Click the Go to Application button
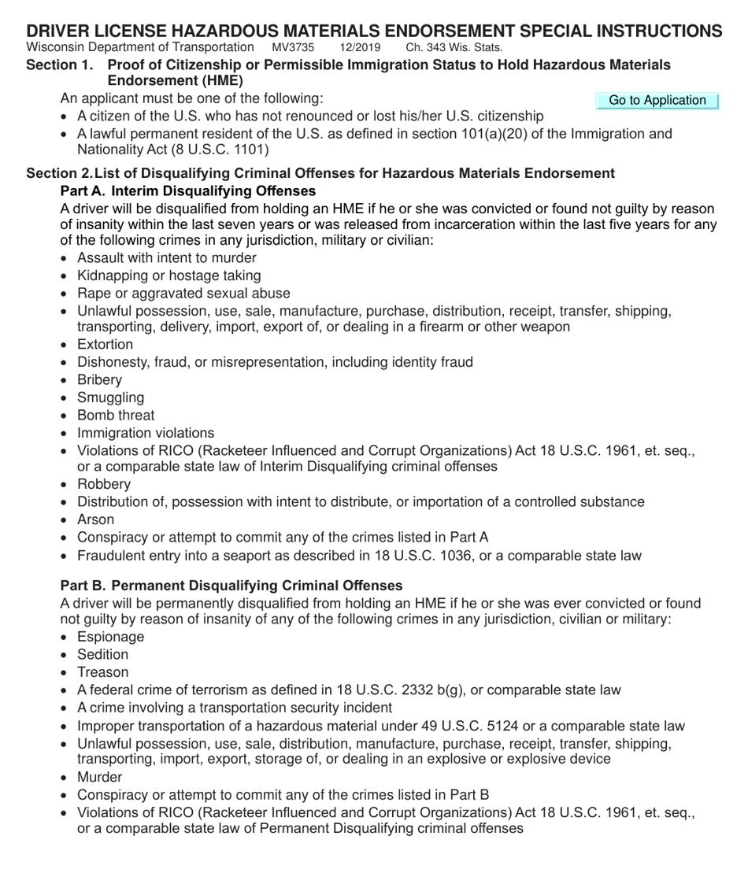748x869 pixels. click(x=657, y=100)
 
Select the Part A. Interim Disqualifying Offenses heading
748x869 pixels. click(x=188, y=191)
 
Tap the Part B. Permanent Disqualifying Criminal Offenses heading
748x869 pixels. click(x=231, y=586)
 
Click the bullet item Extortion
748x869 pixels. click(x=105, y=345)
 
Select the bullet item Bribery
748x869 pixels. click(x=99, y=380)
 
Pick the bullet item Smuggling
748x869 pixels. click(x=110, y=398)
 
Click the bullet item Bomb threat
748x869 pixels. click(x=116, y=415)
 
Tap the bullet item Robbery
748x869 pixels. click(x=104, y=484)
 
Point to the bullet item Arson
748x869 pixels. click(x=95, y=520)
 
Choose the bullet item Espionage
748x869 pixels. click(x=110, y=637)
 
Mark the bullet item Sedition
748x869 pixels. click(x=102, y=654)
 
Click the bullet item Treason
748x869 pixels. click(x=102, y=672)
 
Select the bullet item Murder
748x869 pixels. click(x=99, y=777)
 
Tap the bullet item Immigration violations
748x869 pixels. click(x=145, y=433)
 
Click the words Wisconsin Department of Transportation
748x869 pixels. click(x=140, y=47)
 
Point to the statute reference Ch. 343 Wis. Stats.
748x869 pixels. click(x=454, y=47)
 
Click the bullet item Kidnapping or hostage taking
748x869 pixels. click(x=168, y=275)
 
